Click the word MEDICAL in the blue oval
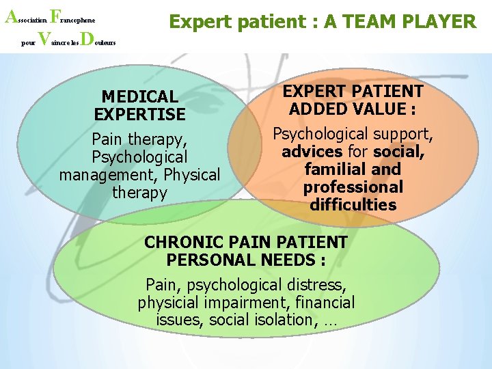click(139, 97)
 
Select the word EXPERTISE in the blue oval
click(139, 114)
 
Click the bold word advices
click(312, 151)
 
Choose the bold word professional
click(353, 187)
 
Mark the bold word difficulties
click(353, 204)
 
